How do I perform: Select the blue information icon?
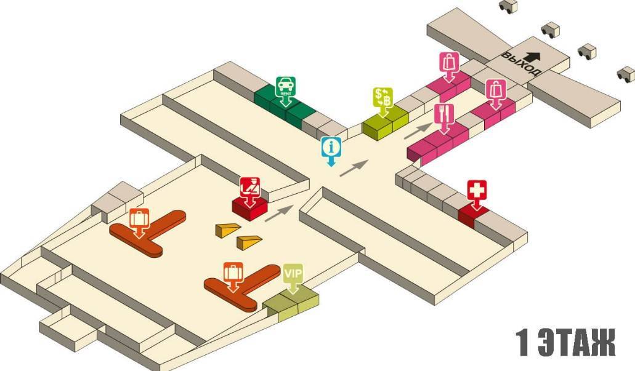pos(331,148)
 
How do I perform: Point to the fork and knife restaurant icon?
pos(443,113)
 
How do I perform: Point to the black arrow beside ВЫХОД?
pos(533,56)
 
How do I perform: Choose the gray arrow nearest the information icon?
pos(354,167)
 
